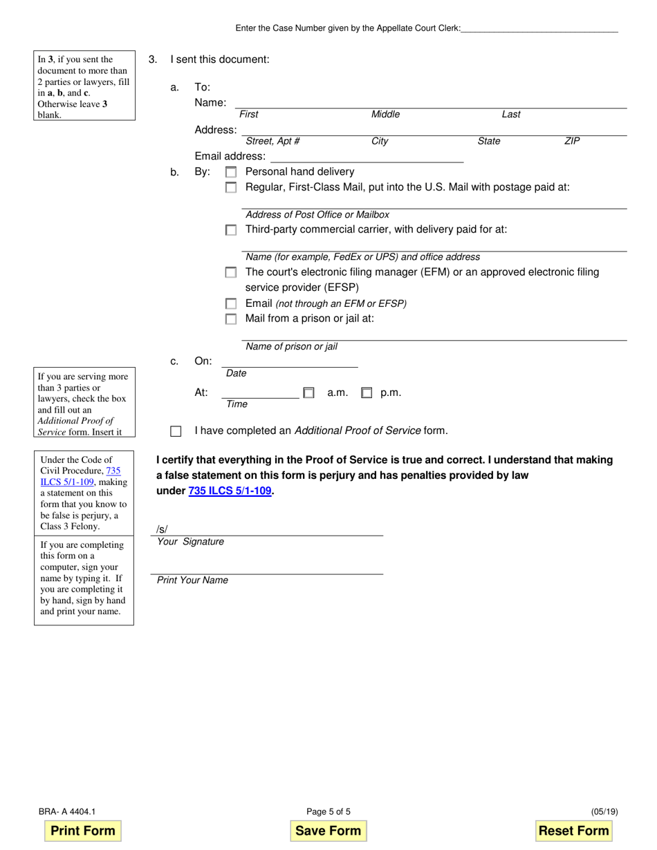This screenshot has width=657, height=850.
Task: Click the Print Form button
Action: click(83, 831)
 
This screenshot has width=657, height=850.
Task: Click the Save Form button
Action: click(328, 831)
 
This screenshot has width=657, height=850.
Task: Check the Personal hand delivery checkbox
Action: click(231, 172)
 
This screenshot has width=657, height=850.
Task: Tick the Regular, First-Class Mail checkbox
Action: click(231, 187)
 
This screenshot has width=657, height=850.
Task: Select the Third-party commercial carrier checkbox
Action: click(231, 230)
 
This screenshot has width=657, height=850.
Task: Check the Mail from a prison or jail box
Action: click(231, 319)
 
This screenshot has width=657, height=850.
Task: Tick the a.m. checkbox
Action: click(308, 393)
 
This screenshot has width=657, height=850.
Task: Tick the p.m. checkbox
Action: click(367, 393)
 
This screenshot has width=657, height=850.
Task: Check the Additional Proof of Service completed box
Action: click(176, 431)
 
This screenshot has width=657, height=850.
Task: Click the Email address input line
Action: click(367, 157)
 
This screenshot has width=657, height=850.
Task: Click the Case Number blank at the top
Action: click(539, 28)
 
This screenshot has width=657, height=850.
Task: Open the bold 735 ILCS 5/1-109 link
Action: click(230, 491)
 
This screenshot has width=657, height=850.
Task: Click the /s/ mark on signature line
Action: click(162, 530)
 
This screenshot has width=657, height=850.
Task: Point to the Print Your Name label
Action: click(192, 580)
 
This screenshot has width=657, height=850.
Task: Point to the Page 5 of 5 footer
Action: click(328, 812)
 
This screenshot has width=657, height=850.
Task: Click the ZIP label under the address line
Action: click(572, 141)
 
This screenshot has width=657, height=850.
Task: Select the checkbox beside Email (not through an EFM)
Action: click(231, 304)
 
